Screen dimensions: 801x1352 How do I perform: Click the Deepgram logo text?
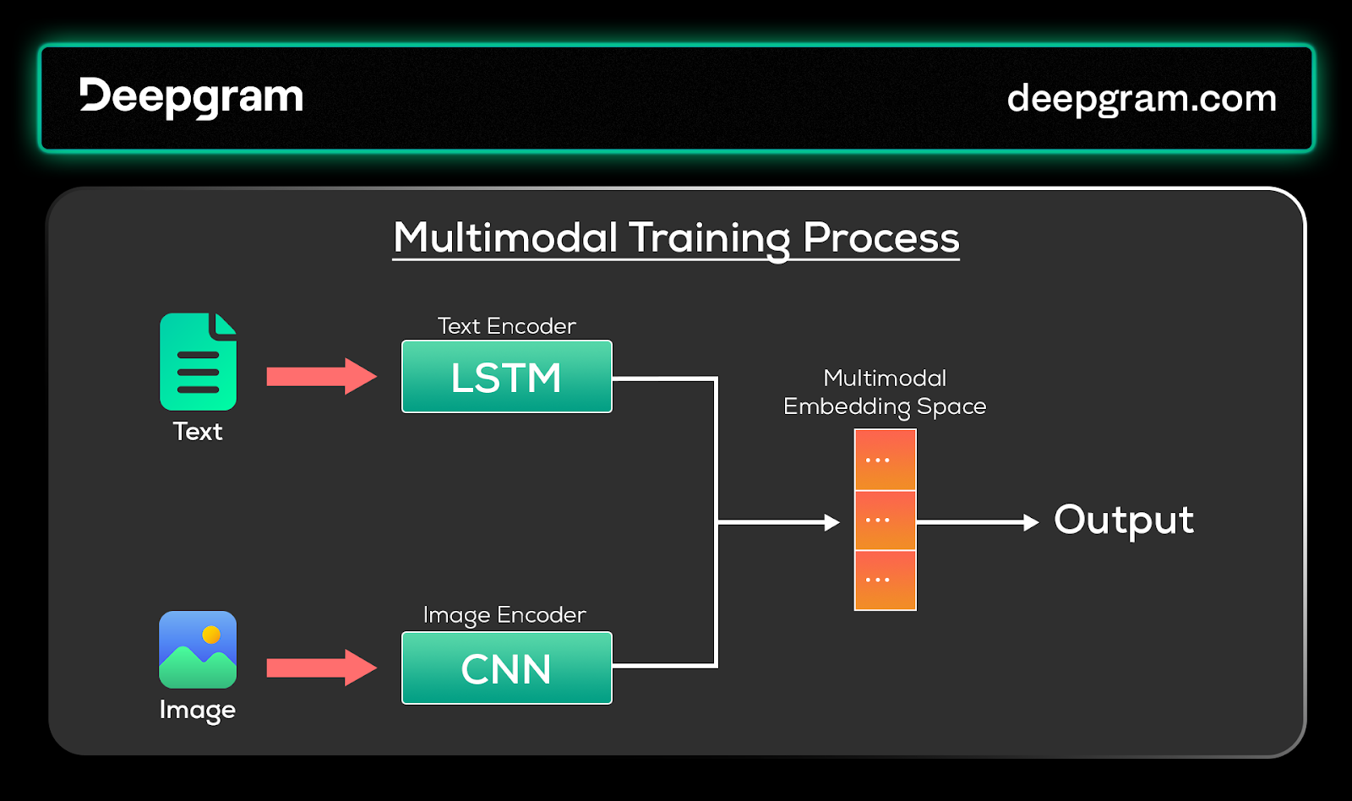(191, 97)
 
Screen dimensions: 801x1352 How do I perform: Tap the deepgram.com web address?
(1141, 99)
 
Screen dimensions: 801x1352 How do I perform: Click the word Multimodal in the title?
(505, 237)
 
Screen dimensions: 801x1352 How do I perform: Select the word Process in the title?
(880, 237)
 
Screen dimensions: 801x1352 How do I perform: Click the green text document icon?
(198, 362)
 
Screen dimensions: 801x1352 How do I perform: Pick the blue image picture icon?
(198, 649)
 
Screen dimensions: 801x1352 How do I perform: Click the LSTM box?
(506, 377)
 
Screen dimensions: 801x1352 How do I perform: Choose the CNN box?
(506, 668)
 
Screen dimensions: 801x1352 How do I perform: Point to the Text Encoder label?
(506, 326)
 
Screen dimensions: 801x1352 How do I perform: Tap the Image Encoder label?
(504, 615)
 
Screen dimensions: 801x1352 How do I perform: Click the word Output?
(1123, 520)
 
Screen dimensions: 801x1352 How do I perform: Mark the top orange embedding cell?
(885, 460)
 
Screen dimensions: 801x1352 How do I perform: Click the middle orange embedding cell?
(885, 520)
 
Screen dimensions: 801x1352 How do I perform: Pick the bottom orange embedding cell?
(885, 580)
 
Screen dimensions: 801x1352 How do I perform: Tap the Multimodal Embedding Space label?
(885, 392)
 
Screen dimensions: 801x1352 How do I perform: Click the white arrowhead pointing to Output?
(1030, 522)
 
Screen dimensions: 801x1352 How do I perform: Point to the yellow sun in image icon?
(211, 635)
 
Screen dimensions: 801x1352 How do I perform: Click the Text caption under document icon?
(198, 432)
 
